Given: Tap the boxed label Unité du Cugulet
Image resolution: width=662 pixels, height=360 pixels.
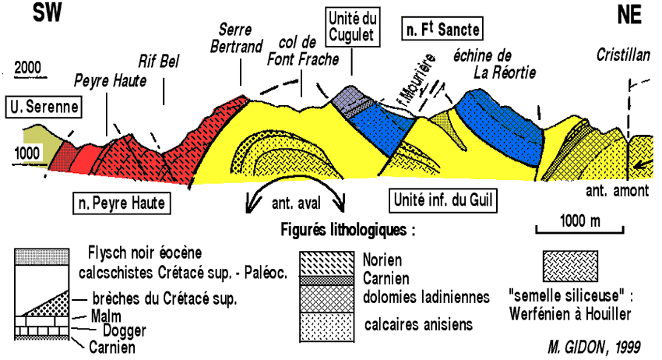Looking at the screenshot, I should [x=350, y=26].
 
